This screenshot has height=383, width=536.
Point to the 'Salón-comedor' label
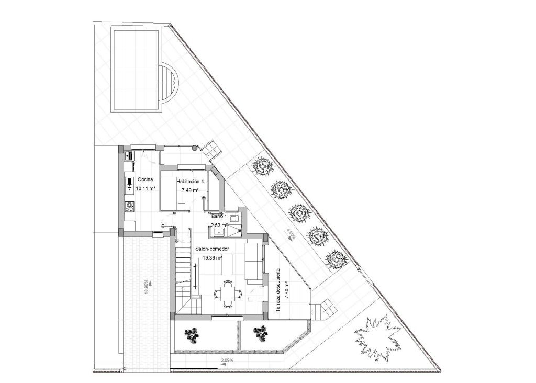(209, 250)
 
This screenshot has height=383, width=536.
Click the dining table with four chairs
(228, 293)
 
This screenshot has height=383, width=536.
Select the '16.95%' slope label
(146, 287)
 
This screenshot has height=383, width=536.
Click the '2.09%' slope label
(227, 361)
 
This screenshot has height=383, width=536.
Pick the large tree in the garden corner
(377, 336)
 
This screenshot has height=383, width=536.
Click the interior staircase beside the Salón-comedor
(183, 272)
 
